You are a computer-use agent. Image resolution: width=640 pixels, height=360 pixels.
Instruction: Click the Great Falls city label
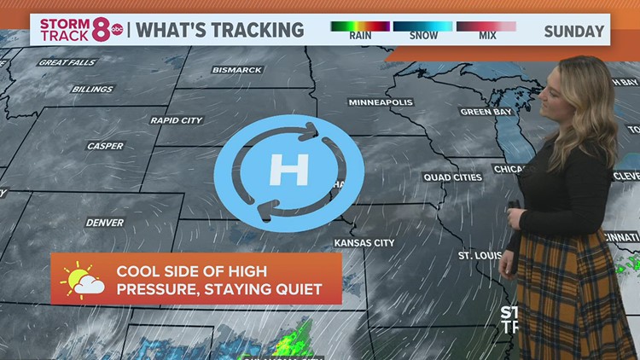67,62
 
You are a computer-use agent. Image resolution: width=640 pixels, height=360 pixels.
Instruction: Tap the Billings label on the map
92,89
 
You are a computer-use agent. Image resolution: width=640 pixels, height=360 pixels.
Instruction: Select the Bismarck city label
236,70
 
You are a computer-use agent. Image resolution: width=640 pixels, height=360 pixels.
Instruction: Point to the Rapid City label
177,120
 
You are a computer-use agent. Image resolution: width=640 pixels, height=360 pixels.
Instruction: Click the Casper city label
105,146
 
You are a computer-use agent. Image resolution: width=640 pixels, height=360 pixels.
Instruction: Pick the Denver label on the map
104,223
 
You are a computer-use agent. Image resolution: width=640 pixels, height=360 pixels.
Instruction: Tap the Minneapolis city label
381,102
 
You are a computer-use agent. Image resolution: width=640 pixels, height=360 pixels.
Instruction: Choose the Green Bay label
486,112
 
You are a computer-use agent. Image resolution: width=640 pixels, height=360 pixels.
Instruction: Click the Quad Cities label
452,177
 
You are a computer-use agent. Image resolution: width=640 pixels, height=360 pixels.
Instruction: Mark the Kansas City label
364,243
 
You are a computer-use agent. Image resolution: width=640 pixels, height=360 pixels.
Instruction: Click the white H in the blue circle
288,171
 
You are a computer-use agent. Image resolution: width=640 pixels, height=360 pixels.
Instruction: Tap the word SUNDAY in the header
573,31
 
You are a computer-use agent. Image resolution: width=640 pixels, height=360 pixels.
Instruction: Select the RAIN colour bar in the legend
360,26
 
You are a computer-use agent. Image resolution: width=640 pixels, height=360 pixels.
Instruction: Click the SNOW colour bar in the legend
423,26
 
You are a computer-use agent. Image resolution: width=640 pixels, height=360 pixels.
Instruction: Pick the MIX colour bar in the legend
486,26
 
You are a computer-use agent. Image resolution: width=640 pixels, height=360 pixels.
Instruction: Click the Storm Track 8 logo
81,29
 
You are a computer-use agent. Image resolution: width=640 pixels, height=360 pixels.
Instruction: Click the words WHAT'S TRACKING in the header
220,30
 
